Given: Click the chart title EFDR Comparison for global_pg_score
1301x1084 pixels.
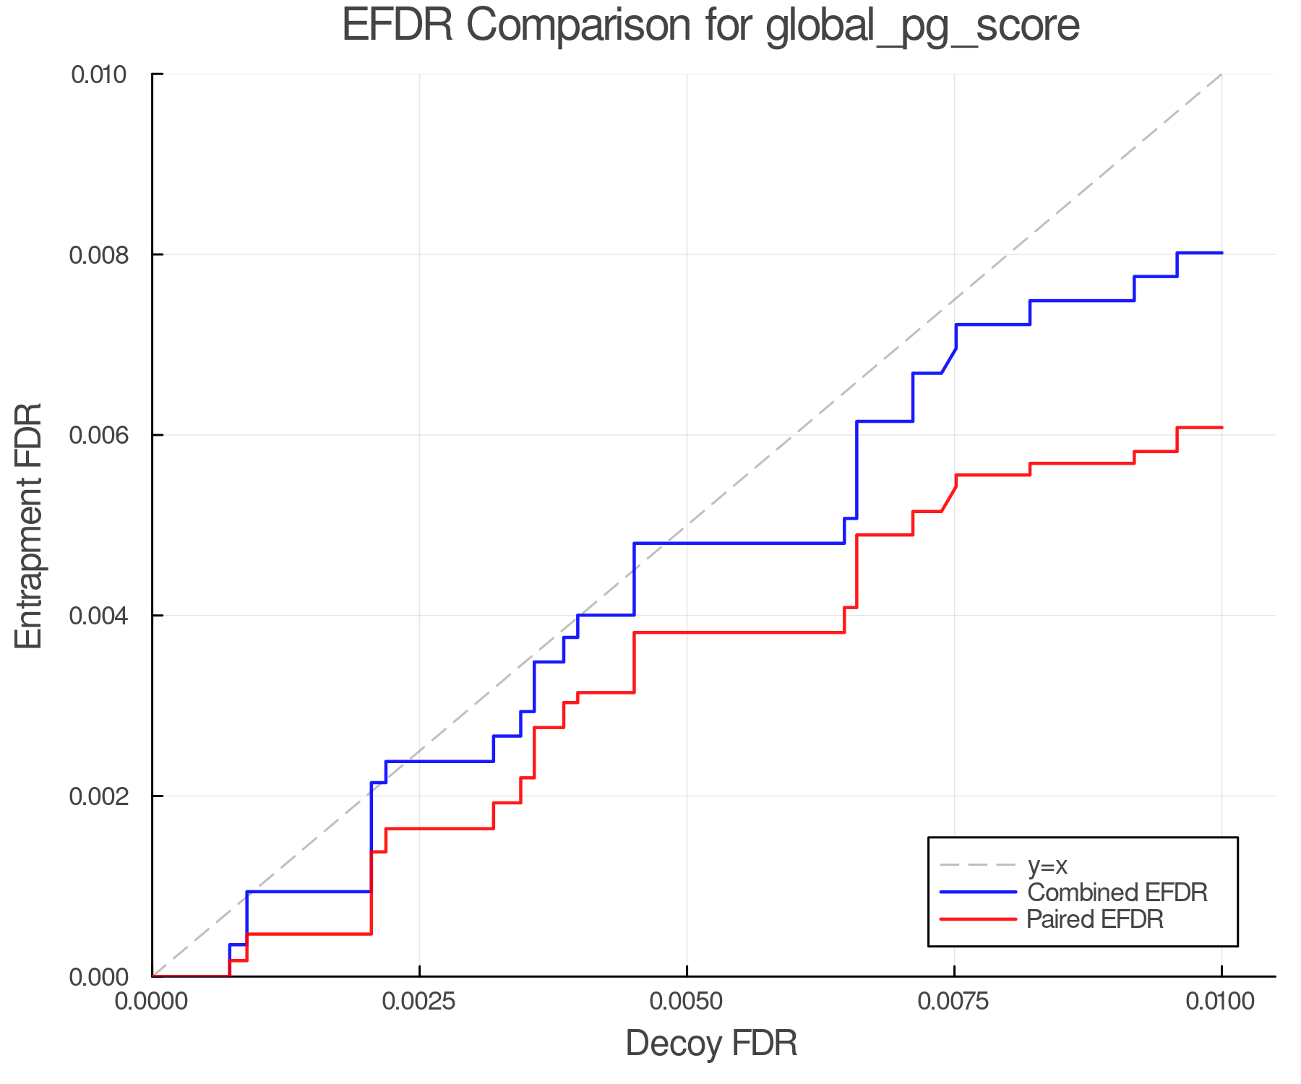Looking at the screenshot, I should (710, 25).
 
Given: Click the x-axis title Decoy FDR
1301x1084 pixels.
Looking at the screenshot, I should (711, 1043).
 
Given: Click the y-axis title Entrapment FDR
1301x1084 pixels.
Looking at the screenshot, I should (29, 525).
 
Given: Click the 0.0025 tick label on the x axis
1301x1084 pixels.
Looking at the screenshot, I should (419, 1002).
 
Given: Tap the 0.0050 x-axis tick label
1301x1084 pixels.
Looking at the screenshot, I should (687, 1002).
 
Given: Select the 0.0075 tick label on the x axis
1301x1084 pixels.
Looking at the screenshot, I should (954, 1002).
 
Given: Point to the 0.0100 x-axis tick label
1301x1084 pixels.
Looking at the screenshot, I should (1221, 1002).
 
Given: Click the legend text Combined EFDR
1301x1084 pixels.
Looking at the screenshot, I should (1117, 892).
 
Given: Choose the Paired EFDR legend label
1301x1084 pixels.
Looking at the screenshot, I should (1094, 919).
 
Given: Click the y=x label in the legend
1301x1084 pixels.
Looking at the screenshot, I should (1047, 865).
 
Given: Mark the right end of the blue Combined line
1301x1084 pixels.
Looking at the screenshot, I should (1221, 253).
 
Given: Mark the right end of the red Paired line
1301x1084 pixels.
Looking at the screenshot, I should (1221, 428).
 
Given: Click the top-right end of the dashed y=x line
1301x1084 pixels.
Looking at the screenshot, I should (1221, 74).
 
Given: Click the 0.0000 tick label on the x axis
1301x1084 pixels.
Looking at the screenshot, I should (152, 1002).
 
